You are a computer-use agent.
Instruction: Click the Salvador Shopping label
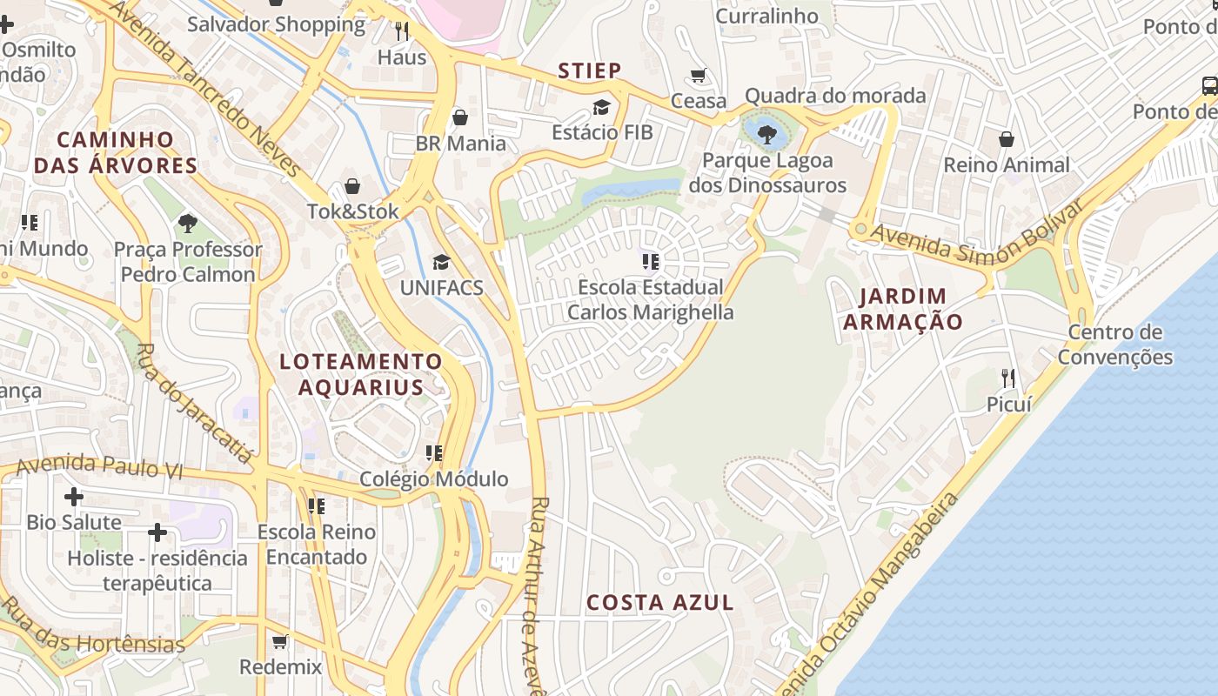tap(277, 24)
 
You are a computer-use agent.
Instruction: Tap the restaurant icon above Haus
tap(402, 31)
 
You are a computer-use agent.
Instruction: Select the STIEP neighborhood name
tap(590, 70)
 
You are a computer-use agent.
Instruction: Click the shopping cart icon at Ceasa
tap(699, 75)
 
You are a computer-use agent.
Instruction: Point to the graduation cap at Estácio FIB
tap(601, 107)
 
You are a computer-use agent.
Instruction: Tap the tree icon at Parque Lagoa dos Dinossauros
tap(766, 134)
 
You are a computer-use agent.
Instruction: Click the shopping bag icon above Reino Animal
tap(1007, 139)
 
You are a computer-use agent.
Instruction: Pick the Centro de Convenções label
tap(1114, 345)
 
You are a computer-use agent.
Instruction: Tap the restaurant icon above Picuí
tap(1008, 378)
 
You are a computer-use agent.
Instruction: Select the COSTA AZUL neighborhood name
tap(659, 602)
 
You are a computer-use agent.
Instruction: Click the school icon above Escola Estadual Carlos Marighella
tap(650, 261)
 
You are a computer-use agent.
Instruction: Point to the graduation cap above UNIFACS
tap(442, 262)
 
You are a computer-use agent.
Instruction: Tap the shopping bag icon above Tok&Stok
tap(352, 185)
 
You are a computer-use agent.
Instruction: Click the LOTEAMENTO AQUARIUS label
tap(361, 374)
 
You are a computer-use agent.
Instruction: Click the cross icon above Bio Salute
tap(74, 498)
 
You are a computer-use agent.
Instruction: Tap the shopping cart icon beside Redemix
tap(280, 642)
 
